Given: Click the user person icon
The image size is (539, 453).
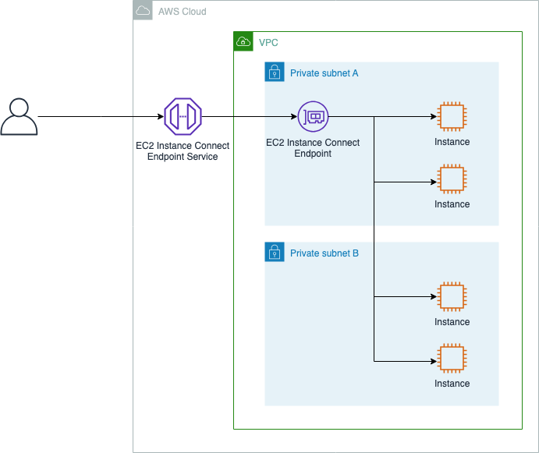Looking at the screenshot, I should coord(19,118).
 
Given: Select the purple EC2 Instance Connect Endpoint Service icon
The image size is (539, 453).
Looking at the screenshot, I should coord(183,117).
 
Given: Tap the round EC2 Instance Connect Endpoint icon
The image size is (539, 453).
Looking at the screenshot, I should coord(313,117).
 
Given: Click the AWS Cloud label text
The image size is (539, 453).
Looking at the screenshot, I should coord(183,12).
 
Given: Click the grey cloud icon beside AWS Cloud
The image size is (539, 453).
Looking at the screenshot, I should coord(143,11).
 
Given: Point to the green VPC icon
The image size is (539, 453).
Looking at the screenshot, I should coord(243,41).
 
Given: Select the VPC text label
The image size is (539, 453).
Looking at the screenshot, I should coord(268,42).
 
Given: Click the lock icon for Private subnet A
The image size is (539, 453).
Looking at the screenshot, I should coord(275,73).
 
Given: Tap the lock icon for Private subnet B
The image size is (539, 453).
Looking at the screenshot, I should coord(275,252).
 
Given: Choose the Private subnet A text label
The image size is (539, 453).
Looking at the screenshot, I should coord(324,73).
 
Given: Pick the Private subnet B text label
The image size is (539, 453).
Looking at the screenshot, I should coord(324,253).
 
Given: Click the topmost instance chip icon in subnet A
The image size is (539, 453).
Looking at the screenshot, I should coord(452,118).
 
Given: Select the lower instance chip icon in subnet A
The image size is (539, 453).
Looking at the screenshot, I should coord(452,179).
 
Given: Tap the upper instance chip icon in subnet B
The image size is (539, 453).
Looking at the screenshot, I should coord(452,297).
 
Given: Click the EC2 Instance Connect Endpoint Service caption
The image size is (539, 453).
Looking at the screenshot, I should coord(183,151).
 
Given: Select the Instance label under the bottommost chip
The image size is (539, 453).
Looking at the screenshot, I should coord(452,384).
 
